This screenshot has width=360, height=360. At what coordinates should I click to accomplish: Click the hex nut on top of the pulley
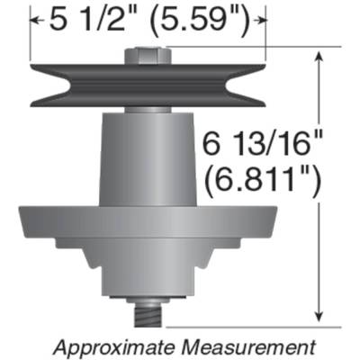[147, 55]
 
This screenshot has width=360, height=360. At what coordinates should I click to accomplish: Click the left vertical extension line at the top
[31, 36]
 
